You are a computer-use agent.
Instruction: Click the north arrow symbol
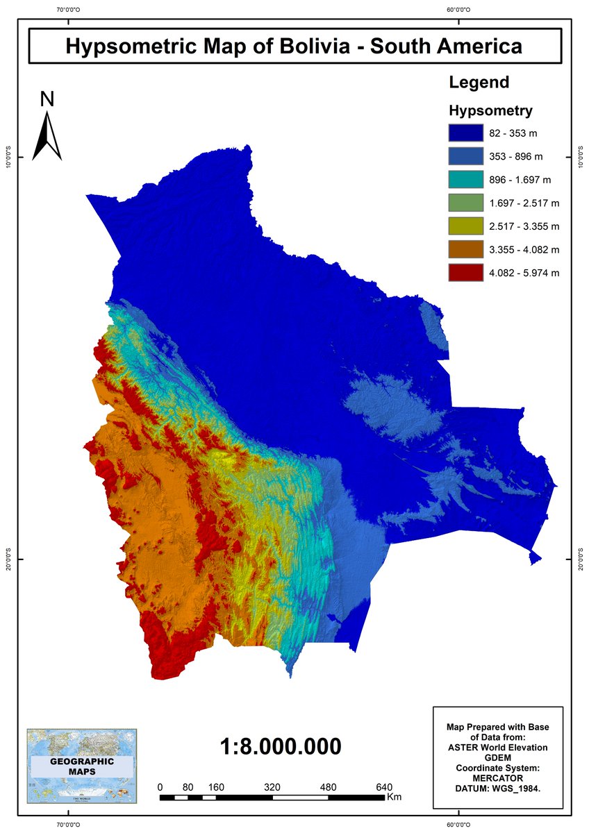coord(48,136)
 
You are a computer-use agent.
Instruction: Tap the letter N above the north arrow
coord(47,99)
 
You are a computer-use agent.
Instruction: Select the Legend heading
coord(479,82)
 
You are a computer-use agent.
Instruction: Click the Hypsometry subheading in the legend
coord(490,110)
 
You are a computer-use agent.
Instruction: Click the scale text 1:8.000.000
coord(281,747)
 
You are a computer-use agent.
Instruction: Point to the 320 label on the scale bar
coord(272,787)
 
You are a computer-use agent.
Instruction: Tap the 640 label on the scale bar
coord(384,787)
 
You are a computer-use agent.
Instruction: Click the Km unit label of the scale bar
coord(394,797)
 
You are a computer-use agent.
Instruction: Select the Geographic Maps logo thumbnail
coord(82,766)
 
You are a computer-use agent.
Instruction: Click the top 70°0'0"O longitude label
coord(67,10)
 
